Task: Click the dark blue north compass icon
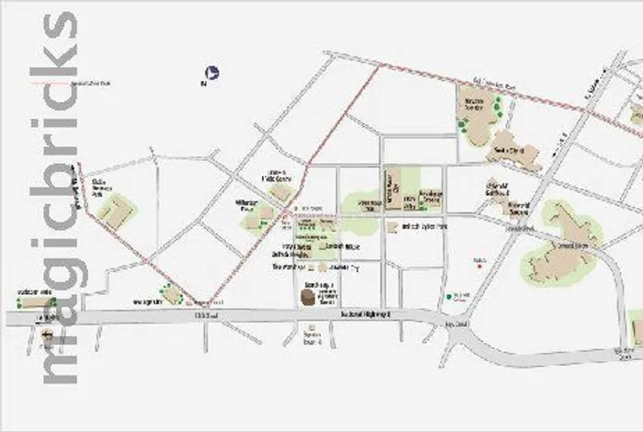(212, 72)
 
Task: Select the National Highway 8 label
(367, 315)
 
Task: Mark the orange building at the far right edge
(637, 326)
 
